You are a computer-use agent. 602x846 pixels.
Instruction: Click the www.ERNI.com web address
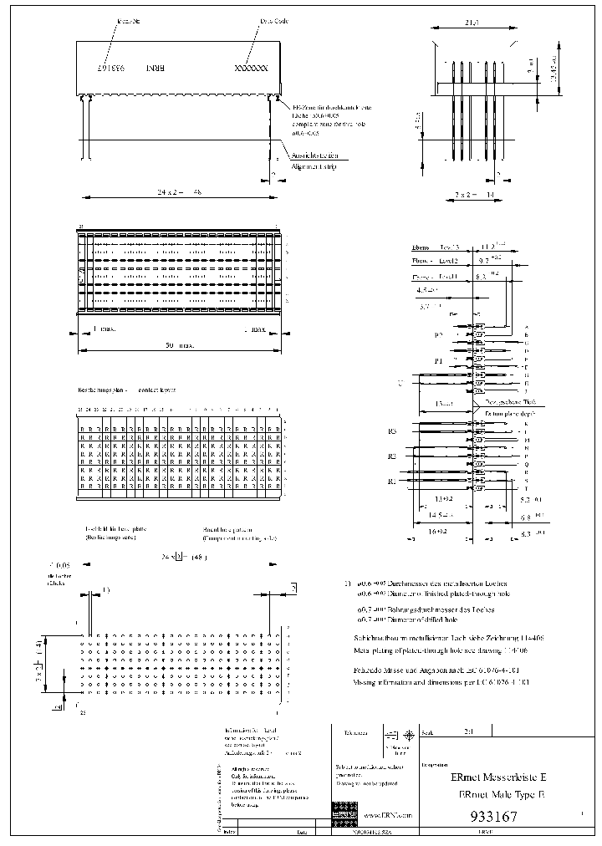[x=389, y=813]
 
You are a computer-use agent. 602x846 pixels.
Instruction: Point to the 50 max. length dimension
[x=176, y=344]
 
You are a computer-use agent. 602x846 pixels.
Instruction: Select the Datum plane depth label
[x=511, y=413]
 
